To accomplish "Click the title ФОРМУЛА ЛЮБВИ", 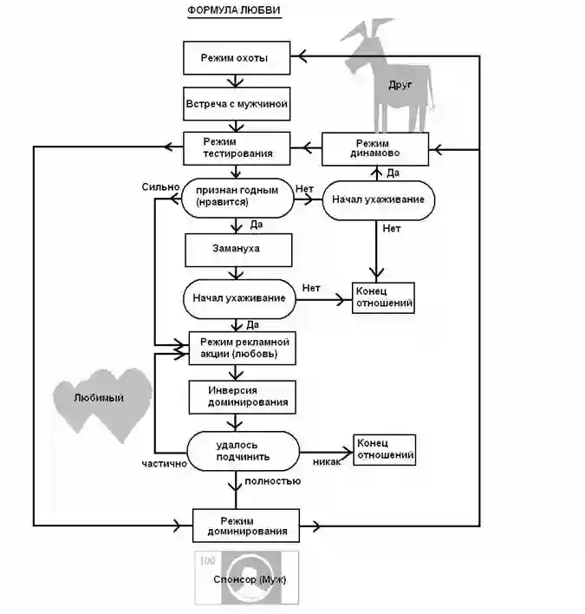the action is (x=234, y=10).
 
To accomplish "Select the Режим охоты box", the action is (x=237, y=58).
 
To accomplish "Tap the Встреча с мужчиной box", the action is (x=237, y=104).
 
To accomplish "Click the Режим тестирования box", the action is (x=237, y=148).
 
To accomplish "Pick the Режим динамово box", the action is (x=375, y=149).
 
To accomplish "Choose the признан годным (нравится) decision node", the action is (x=237, y=198).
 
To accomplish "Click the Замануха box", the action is (x=238, y=251).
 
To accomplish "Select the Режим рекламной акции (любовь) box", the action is (x=242, y=348).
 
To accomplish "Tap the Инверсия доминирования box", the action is (x=242, y=397).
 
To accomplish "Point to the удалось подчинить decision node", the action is (x=243, y=451).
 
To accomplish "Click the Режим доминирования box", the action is (x=246, y=526).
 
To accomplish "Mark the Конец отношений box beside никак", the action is (x=384, y=449).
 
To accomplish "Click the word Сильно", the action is (x=160, y=187).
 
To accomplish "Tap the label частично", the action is (x=165, y=464).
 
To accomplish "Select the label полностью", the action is (x=273, y=481).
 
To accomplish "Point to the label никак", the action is (x=327, y=462).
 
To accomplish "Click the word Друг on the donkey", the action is (x=400, y=85).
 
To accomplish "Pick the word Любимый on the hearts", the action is (x=99, y=398).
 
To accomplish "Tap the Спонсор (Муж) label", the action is (x=250, y=579).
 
